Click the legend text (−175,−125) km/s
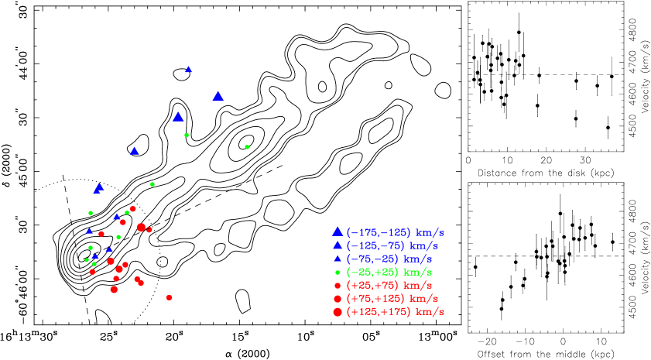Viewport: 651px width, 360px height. click(395, 232)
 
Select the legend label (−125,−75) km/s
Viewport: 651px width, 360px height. click(395, 245)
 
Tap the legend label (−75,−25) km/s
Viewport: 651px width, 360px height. click(389, 259)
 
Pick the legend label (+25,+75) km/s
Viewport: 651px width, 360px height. click(389, 285)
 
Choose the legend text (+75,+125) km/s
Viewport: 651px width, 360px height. click(395, 298)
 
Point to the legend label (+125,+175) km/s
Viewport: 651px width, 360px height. click(395, 311)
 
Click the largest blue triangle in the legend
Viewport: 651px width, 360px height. click(337, 231)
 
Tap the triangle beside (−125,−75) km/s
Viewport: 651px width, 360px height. click(337, 245)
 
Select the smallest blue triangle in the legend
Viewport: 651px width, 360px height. click(337, 259)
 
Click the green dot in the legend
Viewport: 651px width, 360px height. click(337, 272)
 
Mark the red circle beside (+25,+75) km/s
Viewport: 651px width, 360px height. click(337, 285)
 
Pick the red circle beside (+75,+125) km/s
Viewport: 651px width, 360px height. click(337, 298)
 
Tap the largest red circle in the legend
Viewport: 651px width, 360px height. click(337, 311)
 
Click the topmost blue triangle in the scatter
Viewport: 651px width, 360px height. click(188, 69)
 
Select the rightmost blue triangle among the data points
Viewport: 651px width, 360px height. click(218, 96)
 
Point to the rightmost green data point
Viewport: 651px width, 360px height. click(247, 146)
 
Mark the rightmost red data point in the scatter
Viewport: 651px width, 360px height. click(169, 297)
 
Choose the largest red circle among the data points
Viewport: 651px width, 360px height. click(141, 227)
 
